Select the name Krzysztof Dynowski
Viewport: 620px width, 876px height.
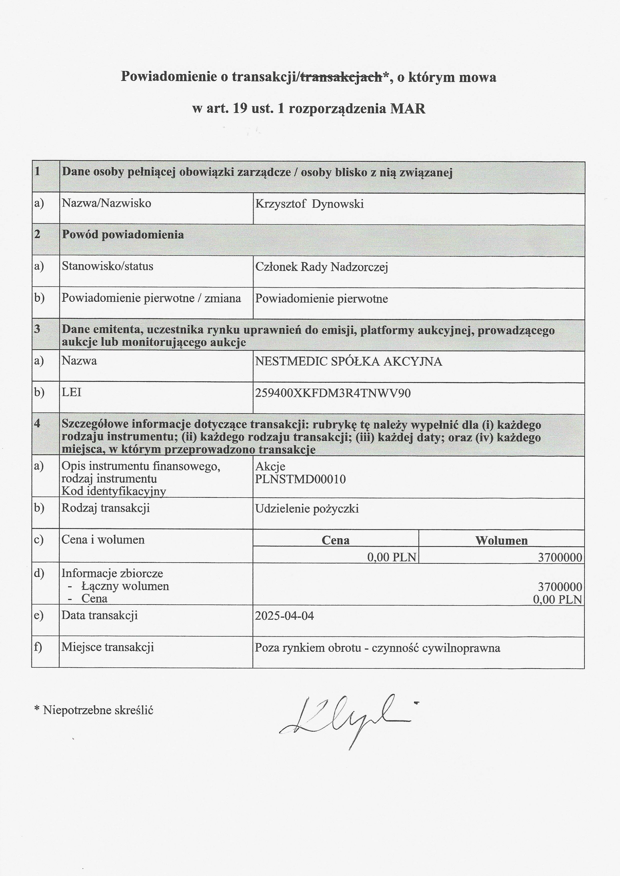tap(309, 204)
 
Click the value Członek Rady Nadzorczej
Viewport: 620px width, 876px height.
tap(321, 267)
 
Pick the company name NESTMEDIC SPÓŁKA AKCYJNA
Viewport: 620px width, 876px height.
tap(348, 361)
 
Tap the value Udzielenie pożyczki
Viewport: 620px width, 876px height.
tap(306, 509)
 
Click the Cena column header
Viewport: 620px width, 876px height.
tap(335, 540)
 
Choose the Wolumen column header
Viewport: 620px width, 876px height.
tap(501, 541)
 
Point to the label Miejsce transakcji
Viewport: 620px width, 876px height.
tap(108, 647)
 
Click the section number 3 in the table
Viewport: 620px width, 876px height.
tap(37, 329)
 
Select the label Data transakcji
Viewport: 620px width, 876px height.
tap(100, 615)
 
